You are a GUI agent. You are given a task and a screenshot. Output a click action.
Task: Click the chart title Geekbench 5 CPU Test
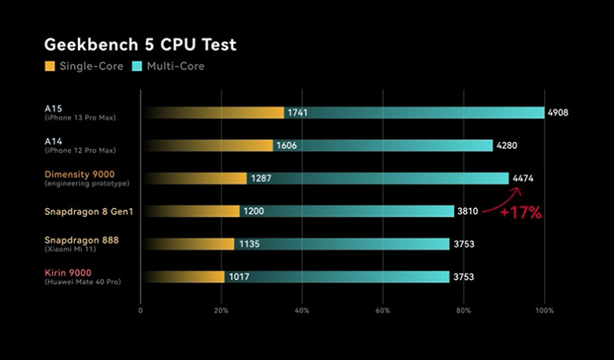[x=140, y=44]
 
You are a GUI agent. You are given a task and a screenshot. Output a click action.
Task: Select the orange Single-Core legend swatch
[x=50, y=66]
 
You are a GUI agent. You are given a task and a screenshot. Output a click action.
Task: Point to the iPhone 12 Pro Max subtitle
[x=81, y=150]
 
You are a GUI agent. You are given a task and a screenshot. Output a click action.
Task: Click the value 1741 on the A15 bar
[x=298, y=113]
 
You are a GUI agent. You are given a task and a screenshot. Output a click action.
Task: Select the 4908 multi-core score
[x=557, y=113]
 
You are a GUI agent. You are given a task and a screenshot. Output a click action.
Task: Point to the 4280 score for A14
[x=506, y=146]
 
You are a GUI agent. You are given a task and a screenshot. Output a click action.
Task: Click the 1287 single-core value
[x=261, y=179]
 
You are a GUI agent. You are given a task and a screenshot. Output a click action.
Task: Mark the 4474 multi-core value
[x=523, y=179]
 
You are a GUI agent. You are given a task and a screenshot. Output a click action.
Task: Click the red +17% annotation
[x=521, y=213]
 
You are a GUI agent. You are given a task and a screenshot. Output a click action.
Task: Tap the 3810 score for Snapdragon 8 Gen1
[x=468, y=211]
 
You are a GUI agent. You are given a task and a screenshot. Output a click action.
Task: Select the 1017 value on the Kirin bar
[x=238, y=277]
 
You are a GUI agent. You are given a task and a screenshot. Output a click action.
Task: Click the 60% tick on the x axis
[x=383, y=310]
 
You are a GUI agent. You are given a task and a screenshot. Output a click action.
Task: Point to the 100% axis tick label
[x=544, y=310]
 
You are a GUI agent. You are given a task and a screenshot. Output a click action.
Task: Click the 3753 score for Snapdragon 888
[x=463, y=244]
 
